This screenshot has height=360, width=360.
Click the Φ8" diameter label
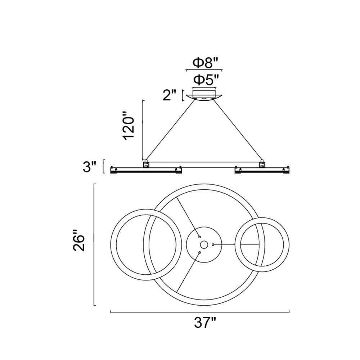[x=205, y=63]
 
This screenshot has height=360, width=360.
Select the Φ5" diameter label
[x=205, y=80]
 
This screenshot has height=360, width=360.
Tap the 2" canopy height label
[x=170, y=95]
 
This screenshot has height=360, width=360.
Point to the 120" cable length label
[x=129, y=128]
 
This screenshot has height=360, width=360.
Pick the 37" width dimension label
[x=205, y=323]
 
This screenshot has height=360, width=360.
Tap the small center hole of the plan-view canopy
[x=204, y=245]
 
